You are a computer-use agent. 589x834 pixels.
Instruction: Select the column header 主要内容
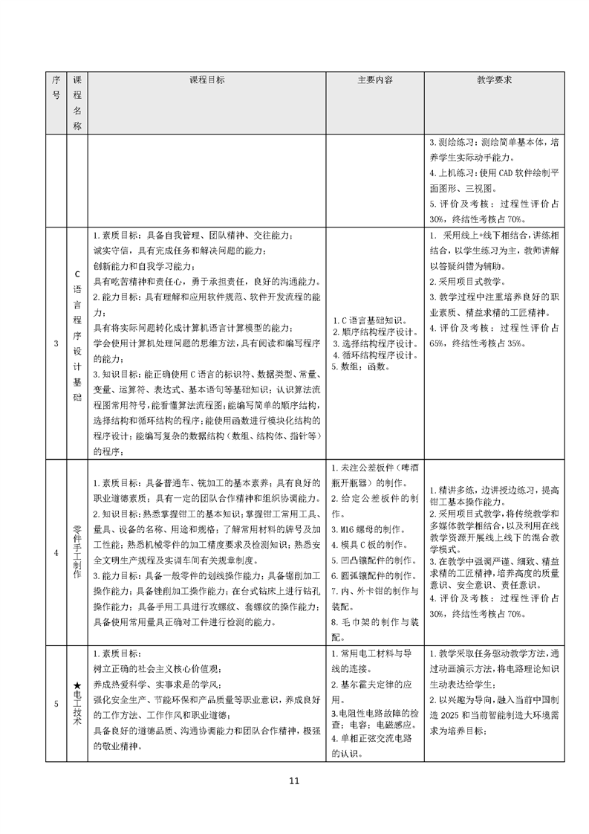(375, 79)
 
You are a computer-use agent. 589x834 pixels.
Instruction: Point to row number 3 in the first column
(56, 343)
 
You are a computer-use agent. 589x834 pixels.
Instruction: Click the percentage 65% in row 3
(440, 343)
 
